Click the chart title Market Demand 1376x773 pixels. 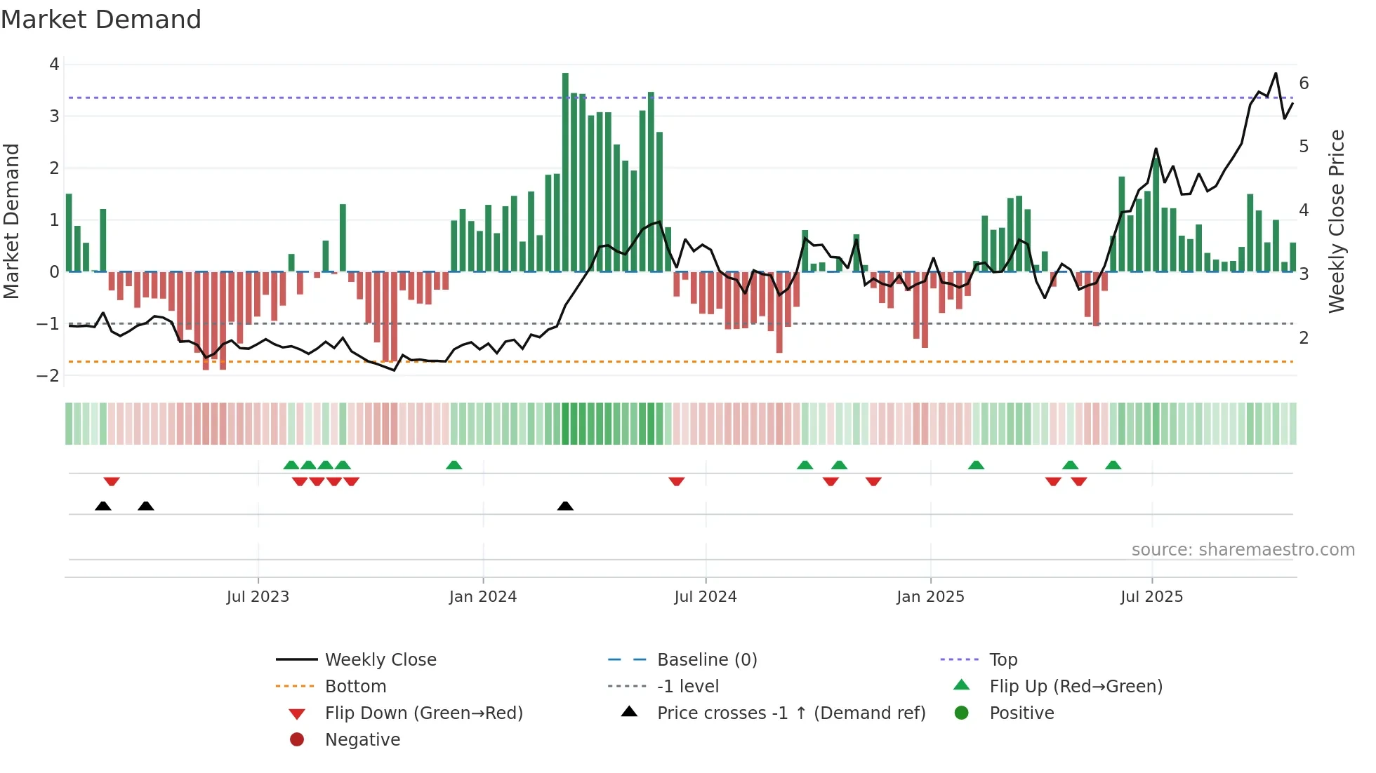coord(101,20)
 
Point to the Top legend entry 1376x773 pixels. coord(1003,659)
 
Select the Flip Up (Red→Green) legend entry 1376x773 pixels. coord(1076,686)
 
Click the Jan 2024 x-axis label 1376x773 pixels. coord(483,597)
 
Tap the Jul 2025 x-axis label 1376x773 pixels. coord(1151,597)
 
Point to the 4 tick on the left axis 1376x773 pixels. coord(54,65)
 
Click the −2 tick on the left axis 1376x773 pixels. coord(48,375)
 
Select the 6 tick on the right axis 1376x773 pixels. coord(1304,83)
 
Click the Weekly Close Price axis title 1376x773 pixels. coord(1337,221)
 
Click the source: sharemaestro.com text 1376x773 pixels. coord(1243,550)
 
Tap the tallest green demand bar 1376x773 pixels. coord(565,172)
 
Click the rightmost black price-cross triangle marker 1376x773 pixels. coord(565,506)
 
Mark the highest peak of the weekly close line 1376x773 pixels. coord(1276,74)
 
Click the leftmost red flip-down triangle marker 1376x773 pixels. coord(112,481)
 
